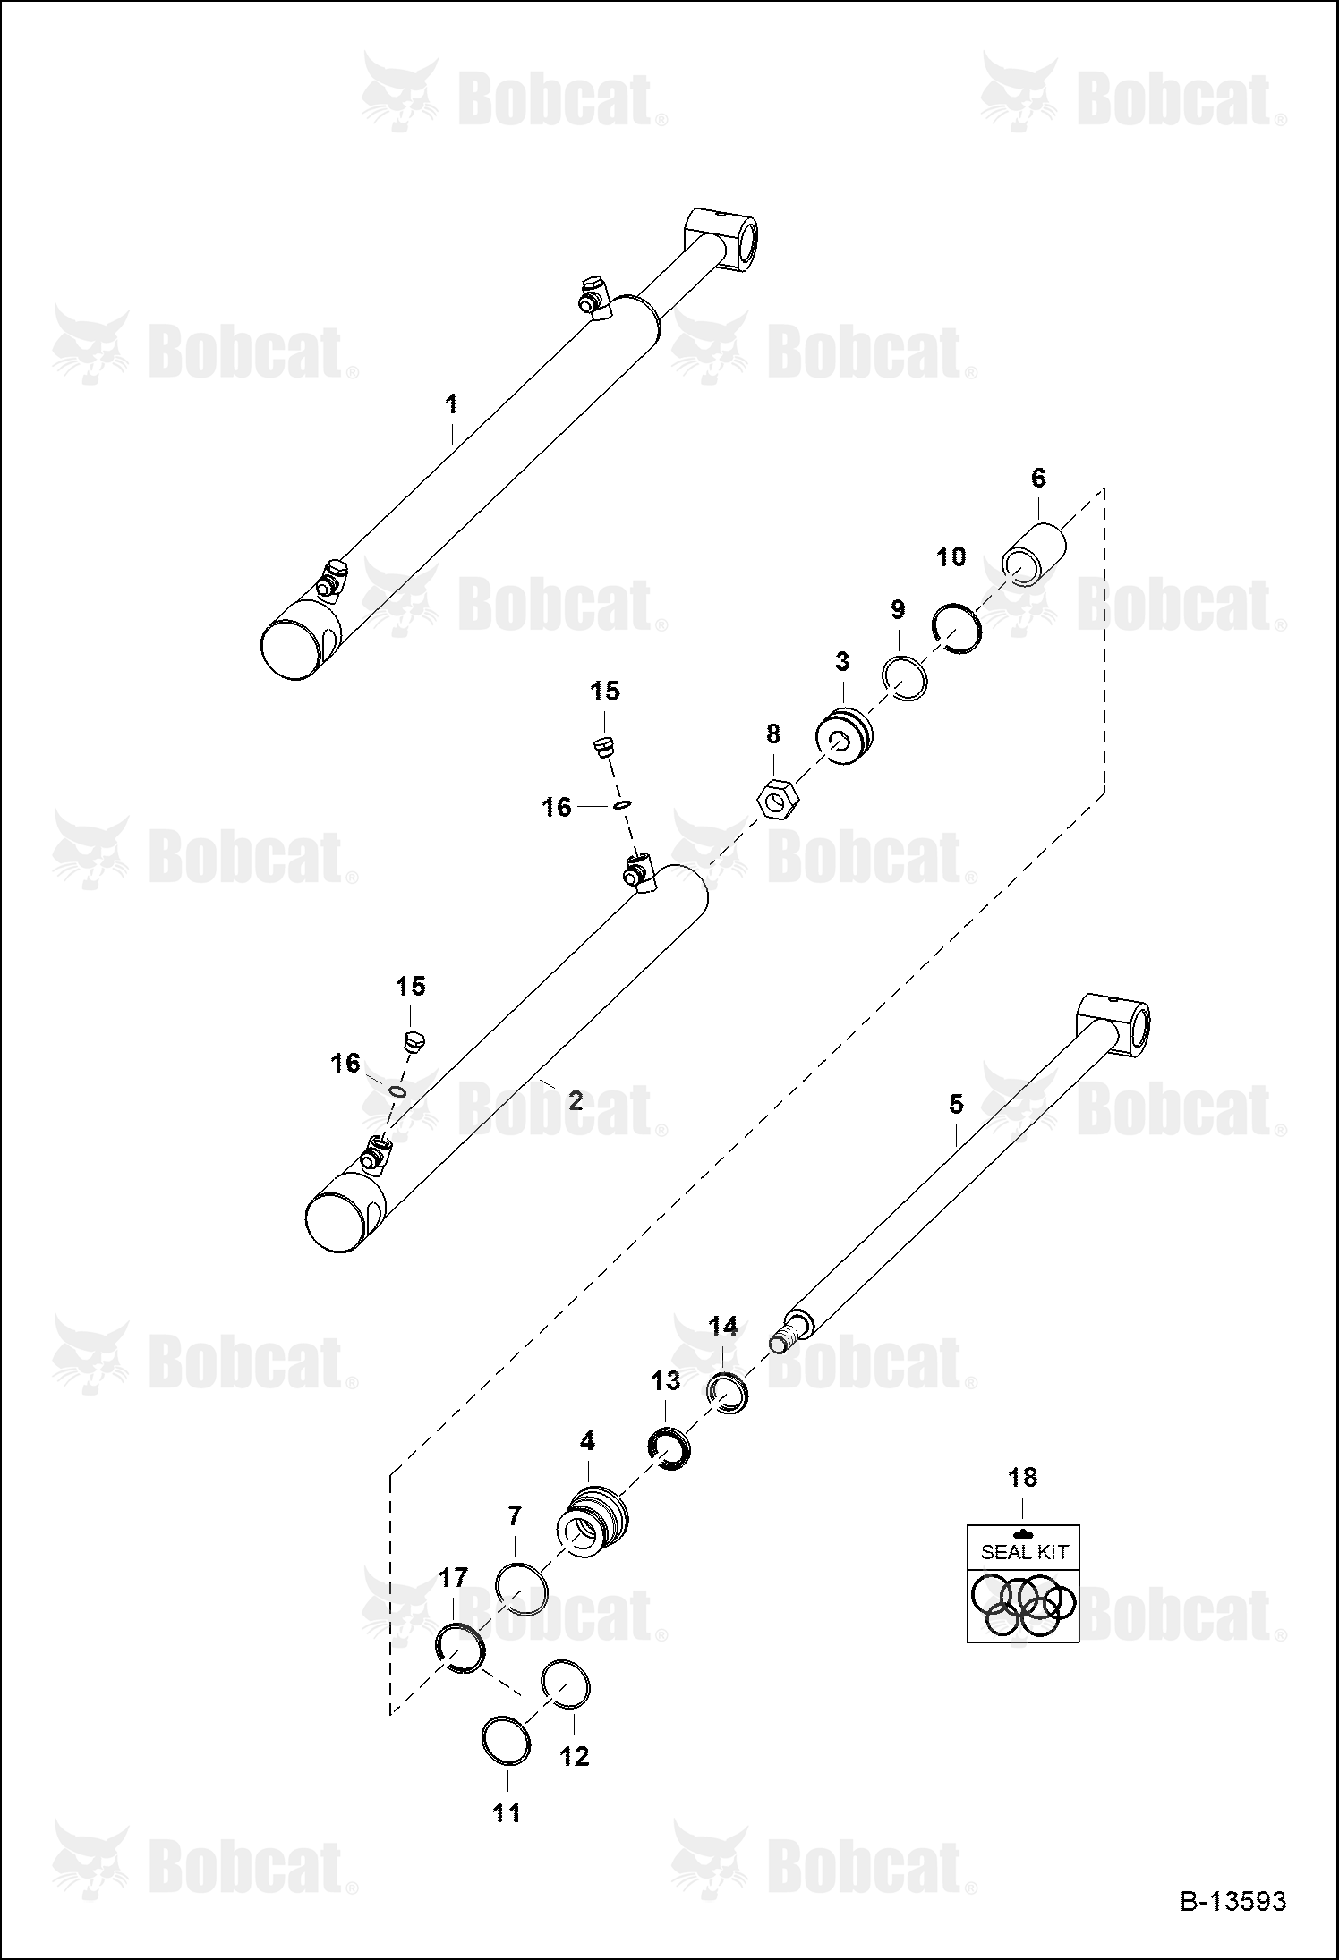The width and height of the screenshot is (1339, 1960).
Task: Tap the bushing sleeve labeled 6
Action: point(1034,555)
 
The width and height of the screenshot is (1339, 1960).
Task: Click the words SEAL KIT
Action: point(1024,1551)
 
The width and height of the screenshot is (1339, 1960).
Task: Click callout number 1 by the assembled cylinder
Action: point(452,403)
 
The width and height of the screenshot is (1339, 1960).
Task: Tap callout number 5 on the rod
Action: point(956,1104)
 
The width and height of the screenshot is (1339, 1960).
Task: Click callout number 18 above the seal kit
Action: point(1022,1477)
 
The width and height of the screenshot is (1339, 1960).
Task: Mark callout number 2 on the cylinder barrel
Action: point(576,1100)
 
